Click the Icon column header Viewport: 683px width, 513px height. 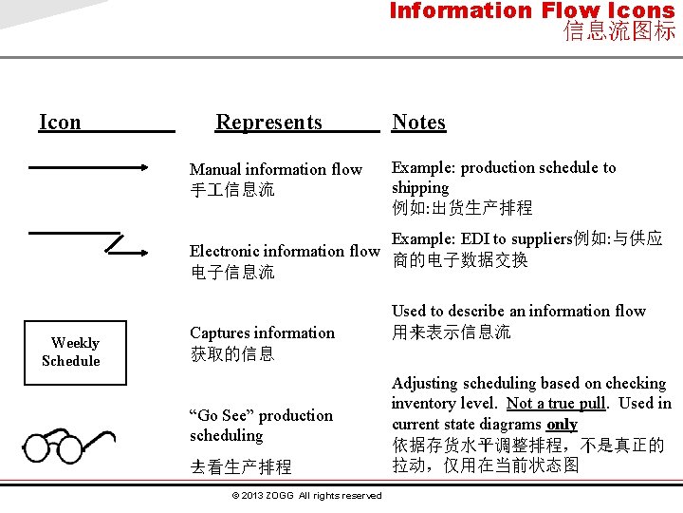60,122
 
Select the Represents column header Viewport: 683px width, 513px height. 268,122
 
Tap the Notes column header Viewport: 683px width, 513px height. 418,122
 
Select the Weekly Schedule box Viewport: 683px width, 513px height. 75,351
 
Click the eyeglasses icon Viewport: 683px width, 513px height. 72,446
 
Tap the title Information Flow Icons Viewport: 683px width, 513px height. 531,11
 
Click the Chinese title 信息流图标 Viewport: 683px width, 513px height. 619,31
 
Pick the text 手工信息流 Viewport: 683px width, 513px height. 232,190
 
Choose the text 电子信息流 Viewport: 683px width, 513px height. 232,273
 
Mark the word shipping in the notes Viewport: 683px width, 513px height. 420,187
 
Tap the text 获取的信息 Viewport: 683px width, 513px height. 232,354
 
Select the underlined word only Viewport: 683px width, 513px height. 562,425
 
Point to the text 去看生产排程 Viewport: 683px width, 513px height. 241,467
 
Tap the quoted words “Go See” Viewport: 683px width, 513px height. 222,415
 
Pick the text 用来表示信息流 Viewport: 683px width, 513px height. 452,332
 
